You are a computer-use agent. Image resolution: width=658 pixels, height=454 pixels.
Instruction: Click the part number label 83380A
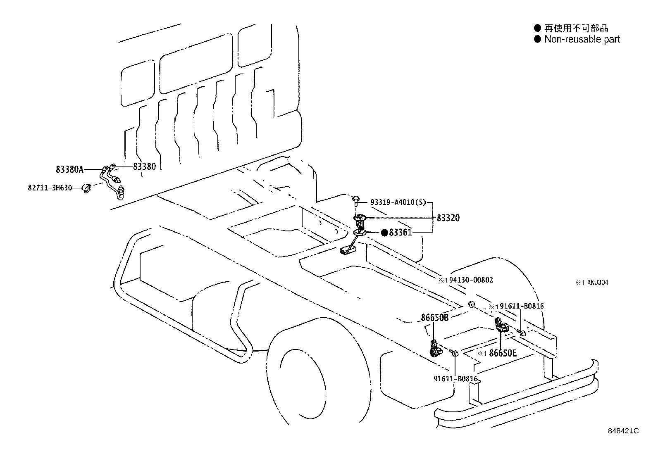click(x=69, y=169)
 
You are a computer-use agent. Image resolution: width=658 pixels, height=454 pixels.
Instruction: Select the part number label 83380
click(x=145, y=166)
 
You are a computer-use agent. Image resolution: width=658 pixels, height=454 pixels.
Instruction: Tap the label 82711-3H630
click(x=50, y=188)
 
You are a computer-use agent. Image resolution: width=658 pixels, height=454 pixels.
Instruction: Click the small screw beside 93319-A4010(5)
click(x=355, y=202)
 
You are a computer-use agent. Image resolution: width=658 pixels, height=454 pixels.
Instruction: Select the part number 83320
click(x=448, y=218)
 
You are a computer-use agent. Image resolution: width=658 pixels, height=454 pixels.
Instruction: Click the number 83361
click(x=401, y=233)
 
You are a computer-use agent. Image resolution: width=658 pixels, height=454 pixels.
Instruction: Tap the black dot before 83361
click(x=384, y=233)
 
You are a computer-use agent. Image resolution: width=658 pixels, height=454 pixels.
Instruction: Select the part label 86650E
click(x=503, y=353)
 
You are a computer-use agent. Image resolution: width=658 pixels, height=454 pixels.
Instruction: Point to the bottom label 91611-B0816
click(x=455, y=379)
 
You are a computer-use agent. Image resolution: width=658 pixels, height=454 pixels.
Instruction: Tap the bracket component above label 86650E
click(x=501, y=325)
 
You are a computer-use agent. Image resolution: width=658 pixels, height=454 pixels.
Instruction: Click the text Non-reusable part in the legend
click(x=582, y=39)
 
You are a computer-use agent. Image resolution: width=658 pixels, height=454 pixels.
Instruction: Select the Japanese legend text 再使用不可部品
click(x=576, y=28)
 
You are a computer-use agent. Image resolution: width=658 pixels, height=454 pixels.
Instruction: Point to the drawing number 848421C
click(x=623, y=431)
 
